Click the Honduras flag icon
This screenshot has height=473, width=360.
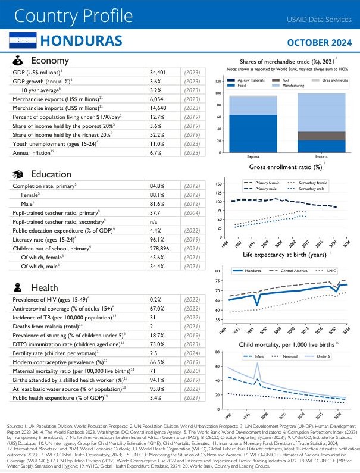(21, 41)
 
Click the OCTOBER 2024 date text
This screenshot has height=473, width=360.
(318, 42)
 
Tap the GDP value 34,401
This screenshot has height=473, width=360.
(159, 72)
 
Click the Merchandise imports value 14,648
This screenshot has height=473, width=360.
(159, 108)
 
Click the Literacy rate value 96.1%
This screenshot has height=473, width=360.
(157, 239)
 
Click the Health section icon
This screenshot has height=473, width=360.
(18, 287)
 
